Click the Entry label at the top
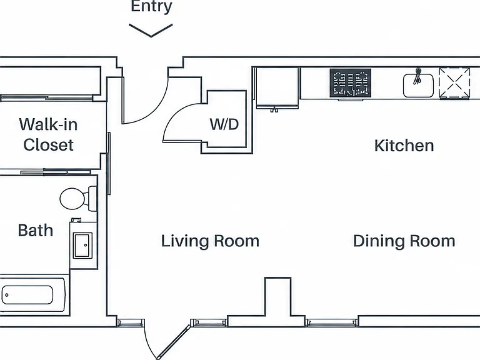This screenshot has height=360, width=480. pyautogui.click(x=151, y=6)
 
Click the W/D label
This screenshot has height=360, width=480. pyautogui.click(x=224, y=124)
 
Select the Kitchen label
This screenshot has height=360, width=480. pyautogui.click(x=404, y=146)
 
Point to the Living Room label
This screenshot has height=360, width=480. pyautogui.click(x=210, y=241)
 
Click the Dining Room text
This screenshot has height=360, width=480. pyautogui.click(x=404, y=241)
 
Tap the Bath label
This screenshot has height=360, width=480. pyautogui.click(x=36, y=230)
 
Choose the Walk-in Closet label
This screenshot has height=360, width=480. pyautogui.click(x=48, y=134)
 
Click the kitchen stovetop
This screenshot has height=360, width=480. pyautogui.click(x=351, y=83)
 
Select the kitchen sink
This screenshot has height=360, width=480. pyautogui.click(x=419, y=86)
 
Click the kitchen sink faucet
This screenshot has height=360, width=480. pyautogui.click(x=417, y=76)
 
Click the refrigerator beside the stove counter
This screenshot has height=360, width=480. pyautogui.click(x=277, y=88)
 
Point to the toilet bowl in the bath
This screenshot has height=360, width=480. pyautogui.click(x=72, y=199)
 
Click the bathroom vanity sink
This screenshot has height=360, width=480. pyautogui.click(x=83, y=246)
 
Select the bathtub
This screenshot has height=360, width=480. pyautogui.click(x=32, y=295)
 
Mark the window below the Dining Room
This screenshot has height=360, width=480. pyautogui.click(x=332, y=322)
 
